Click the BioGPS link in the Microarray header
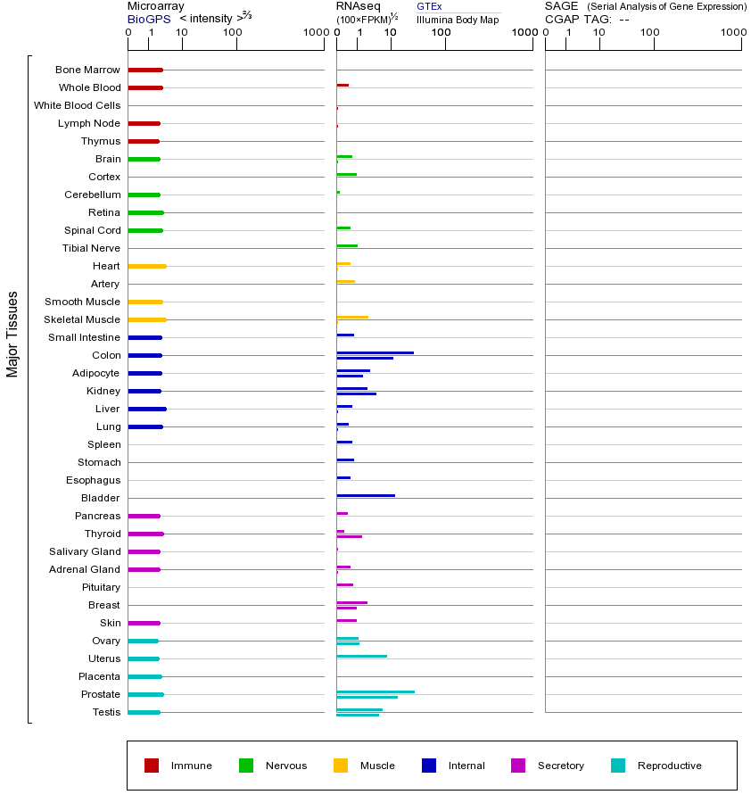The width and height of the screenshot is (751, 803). click(x=148, y=19)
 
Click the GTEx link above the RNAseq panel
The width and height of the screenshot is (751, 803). click(x=428, y=6)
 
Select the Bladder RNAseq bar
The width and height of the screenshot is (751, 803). click(x=366, y=495)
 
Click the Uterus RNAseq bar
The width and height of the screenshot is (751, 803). click(x=361, y=656)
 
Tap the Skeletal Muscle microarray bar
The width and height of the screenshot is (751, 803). click(x=147, y=319)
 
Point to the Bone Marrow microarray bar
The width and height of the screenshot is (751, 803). click(x=145, y=70)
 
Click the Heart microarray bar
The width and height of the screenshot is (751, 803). click(x=147, y=266)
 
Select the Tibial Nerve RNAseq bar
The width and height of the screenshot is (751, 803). click(x=347, y=245)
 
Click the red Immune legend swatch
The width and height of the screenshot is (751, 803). click(x=152, y=766)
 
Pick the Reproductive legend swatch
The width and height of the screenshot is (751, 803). click(x=618, y=766)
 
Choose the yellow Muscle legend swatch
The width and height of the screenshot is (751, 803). click(x=341, y=766)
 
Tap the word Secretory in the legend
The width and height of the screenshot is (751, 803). click(x=560, y=766)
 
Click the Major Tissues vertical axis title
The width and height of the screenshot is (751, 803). click(x=12, y=334)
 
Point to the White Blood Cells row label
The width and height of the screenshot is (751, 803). click(x=77, y=105)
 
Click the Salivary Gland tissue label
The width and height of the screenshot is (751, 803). click(x=85, y=551)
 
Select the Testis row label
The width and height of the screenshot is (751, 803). click(x=106, y=712)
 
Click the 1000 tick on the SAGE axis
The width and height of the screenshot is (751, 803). click(x=732, y=33)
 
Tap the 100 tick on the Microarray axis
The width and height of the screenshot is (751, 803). click(x=233, y=33)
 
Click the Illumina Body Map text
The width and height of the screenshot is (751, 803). click(x=458, y=20)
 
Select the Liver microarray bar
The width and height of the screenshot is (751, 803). click(x=147, y=409)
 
